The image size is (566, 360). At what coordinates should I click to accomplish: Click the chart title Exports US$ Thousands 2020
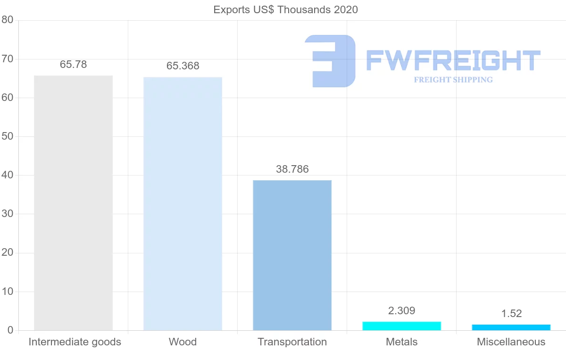click(285, 9)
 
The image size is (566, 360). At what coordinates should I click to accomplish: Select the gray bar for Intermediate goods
click(73, 203)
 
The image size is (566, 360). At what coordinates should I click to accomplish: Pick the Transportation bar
click(292, 255)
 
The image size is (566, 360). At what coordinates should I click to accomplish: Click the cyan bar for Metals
click(401, 326)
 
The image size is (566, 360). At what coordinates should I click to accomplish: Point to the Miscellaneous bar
click(511, 327)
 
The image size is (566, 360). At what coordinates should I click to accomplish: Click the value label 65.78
click(73, 65)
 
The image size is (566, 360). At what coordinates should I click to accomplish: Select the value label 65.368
click(183, 66)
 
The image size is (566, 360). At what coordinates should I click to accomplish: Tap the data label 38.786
click(292, 169)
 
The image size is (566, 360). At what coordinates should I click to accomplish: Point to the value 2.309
click(401, 310)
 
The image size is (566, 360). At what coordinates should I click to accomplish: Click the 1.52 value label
click(511, 314)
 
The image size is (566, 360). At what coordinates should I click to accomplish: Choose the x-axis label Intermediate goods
click(75, 342)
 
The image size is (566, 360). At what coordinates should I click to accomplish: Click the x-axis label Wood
click(183, 342)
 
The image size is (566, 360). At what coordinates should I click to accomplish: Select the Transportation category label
click(292, 342)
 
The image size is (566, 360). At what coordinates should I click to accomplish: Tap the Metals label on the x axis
click(401, 342)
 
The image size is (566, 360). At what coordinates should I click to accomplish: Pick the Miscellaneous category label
click(511, 342)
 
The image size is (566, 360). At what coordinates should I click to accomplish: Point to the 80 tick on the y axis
click(7, 20)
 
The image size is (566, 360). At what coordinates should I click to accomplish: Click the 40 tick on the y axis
click(7, 175)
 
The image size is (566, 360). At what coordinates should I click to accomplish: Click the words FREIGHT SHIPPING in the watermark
click(453, 80)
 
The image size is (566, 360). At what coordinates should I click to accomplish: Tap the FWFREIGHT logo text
click(453, 61)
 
